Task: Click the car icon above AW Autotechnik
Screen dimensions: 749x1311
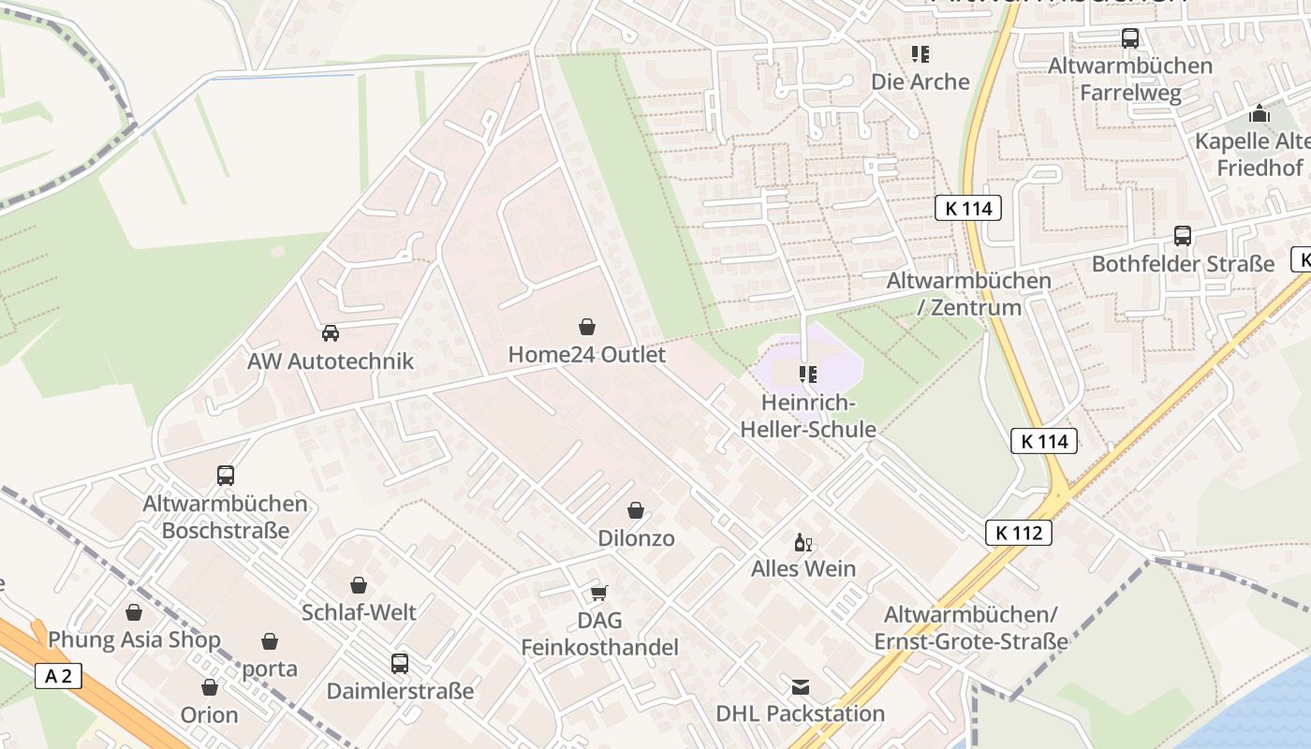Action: click(x=331, y=333)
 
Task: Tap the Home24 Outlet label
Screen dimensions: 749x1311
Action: click(x=586, y=355)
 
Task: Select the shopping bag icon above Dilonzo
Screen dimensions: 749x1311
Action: click(x=636, y=510)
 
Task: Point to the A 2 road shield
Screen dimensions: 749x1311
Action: click(x=58, y=676)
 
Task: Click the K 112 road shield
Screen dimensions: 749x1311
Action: click(x=1019, y=533)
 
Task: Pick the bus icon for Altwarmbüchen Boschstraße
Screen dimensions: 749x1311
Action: click(x=226, y=475)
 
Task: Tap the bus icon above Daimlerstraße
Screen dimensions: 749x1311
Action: click(x=400, y=664)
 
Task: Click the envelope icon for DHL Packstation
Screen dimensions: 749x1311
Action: click(x=800, y=688)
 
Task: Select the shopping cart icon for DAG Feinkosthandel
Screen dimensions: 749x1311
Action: click(x=599, y=593)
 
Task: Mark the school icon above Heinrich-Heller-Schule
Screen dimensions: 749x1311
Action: click(x=808, y=375)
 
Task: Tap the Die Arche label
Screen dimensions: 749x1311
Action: click(x=921, y=81)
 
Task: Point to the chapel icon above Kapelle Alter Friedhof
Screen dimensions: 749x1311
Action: click(x=1259, y=114)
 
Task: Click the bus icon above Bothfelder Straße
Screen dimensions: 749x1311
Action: click(x=1183, y=236)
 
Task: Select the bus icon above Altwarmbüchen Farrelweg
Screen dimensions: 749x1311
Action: click(x=1130, y=38)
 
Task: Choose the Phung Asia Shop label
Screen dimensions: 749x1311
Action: click(x=134, y=640)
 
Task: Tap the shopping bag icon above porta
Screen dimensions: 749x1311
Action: click(x=270, y=641)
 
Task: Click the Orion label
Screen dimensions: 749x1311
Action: click(x=210, y=714)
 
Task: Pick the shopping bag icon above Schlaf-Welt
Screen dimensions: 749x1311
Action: click(x=359, y=585)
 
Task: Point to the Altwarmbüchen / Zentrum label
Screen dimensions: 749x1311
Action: click(x=969, y=293)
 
